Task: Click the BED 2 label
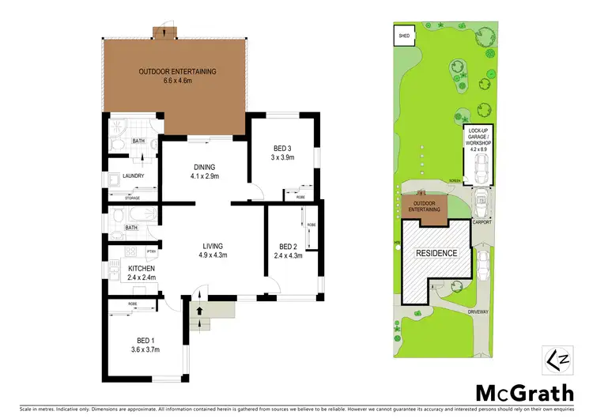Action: [x=283, y=250]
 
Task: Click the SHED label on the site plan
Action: [x=404, y=36]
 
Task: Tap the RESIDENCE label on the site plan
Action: [x=436, y=253]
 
